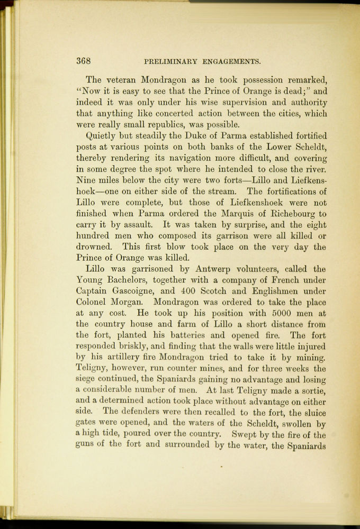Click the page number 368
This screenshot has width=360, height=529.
[x=83, y=61]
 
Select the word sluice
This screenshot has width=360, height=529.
[x=313, y=413]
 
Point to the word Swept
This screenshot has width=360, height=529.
[x=244, y=435]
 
